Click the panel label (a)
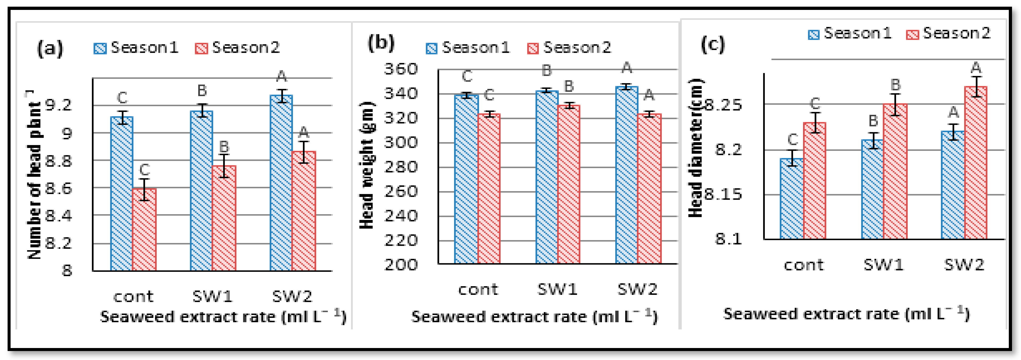[x=50, y=49]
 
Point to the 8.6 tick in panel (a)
[x=59, y=188]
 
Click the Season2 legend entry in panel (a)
[x=238, y=48]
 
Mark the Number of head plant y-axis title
[x=35, y=174]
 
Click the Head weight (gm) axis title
[x=367, y=164]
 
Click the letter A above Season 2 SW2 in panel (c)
[x=976, y=67]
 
